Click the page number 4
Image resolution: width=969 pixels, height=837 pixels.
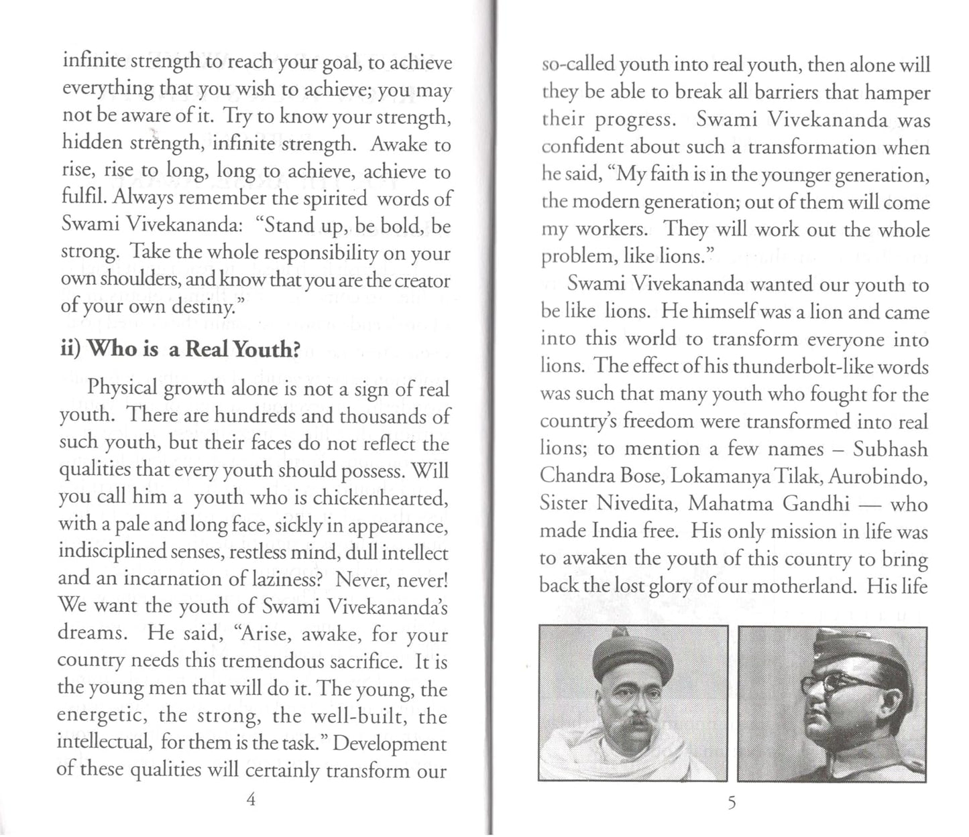pos(251,799)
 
